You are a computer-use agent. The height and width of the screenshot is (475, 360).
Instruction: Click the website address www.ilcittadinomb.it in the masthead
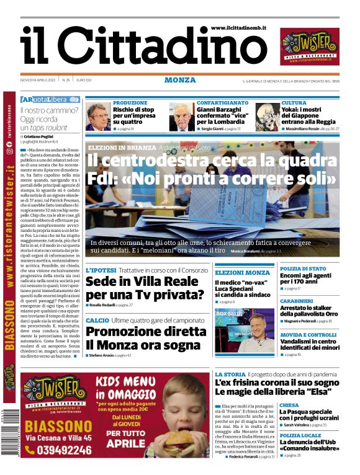click(238, 28)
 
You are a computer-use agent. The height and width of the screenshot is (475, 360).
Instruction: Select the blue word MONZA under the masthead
click(180, 80)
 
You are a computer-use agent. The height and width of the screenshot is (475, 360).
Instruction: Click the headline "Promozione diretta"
click(145, 331)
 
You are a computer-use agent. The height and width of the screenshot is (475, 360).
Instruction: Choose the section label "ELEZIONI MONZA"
click(242, 273)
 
